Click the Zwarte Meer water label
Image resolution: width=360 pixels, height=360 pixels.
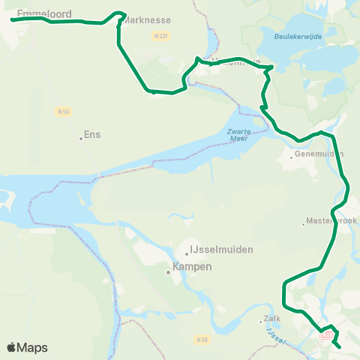coord(238,133)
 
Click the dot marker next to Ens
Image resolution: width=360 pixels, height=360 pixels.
coord(81,138)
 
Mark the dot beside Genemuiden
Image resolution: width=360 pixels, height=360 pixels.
coord(292,157)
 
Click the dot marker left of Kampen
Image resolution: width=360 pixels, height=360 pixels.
coord(169,272)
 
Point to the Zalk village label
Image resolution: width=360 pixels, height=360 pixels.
coord(271,319)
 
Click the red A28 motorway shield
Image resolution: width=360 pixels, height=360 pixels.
coord(325,334)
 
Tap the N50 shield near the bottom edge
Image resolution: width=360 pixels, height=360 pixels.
coord(201,340)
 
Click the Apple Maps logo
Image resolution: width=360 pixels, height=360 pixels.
coord(27,347)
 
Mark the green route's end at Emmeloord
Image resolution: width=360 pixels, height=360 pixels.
coord(12,19)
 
